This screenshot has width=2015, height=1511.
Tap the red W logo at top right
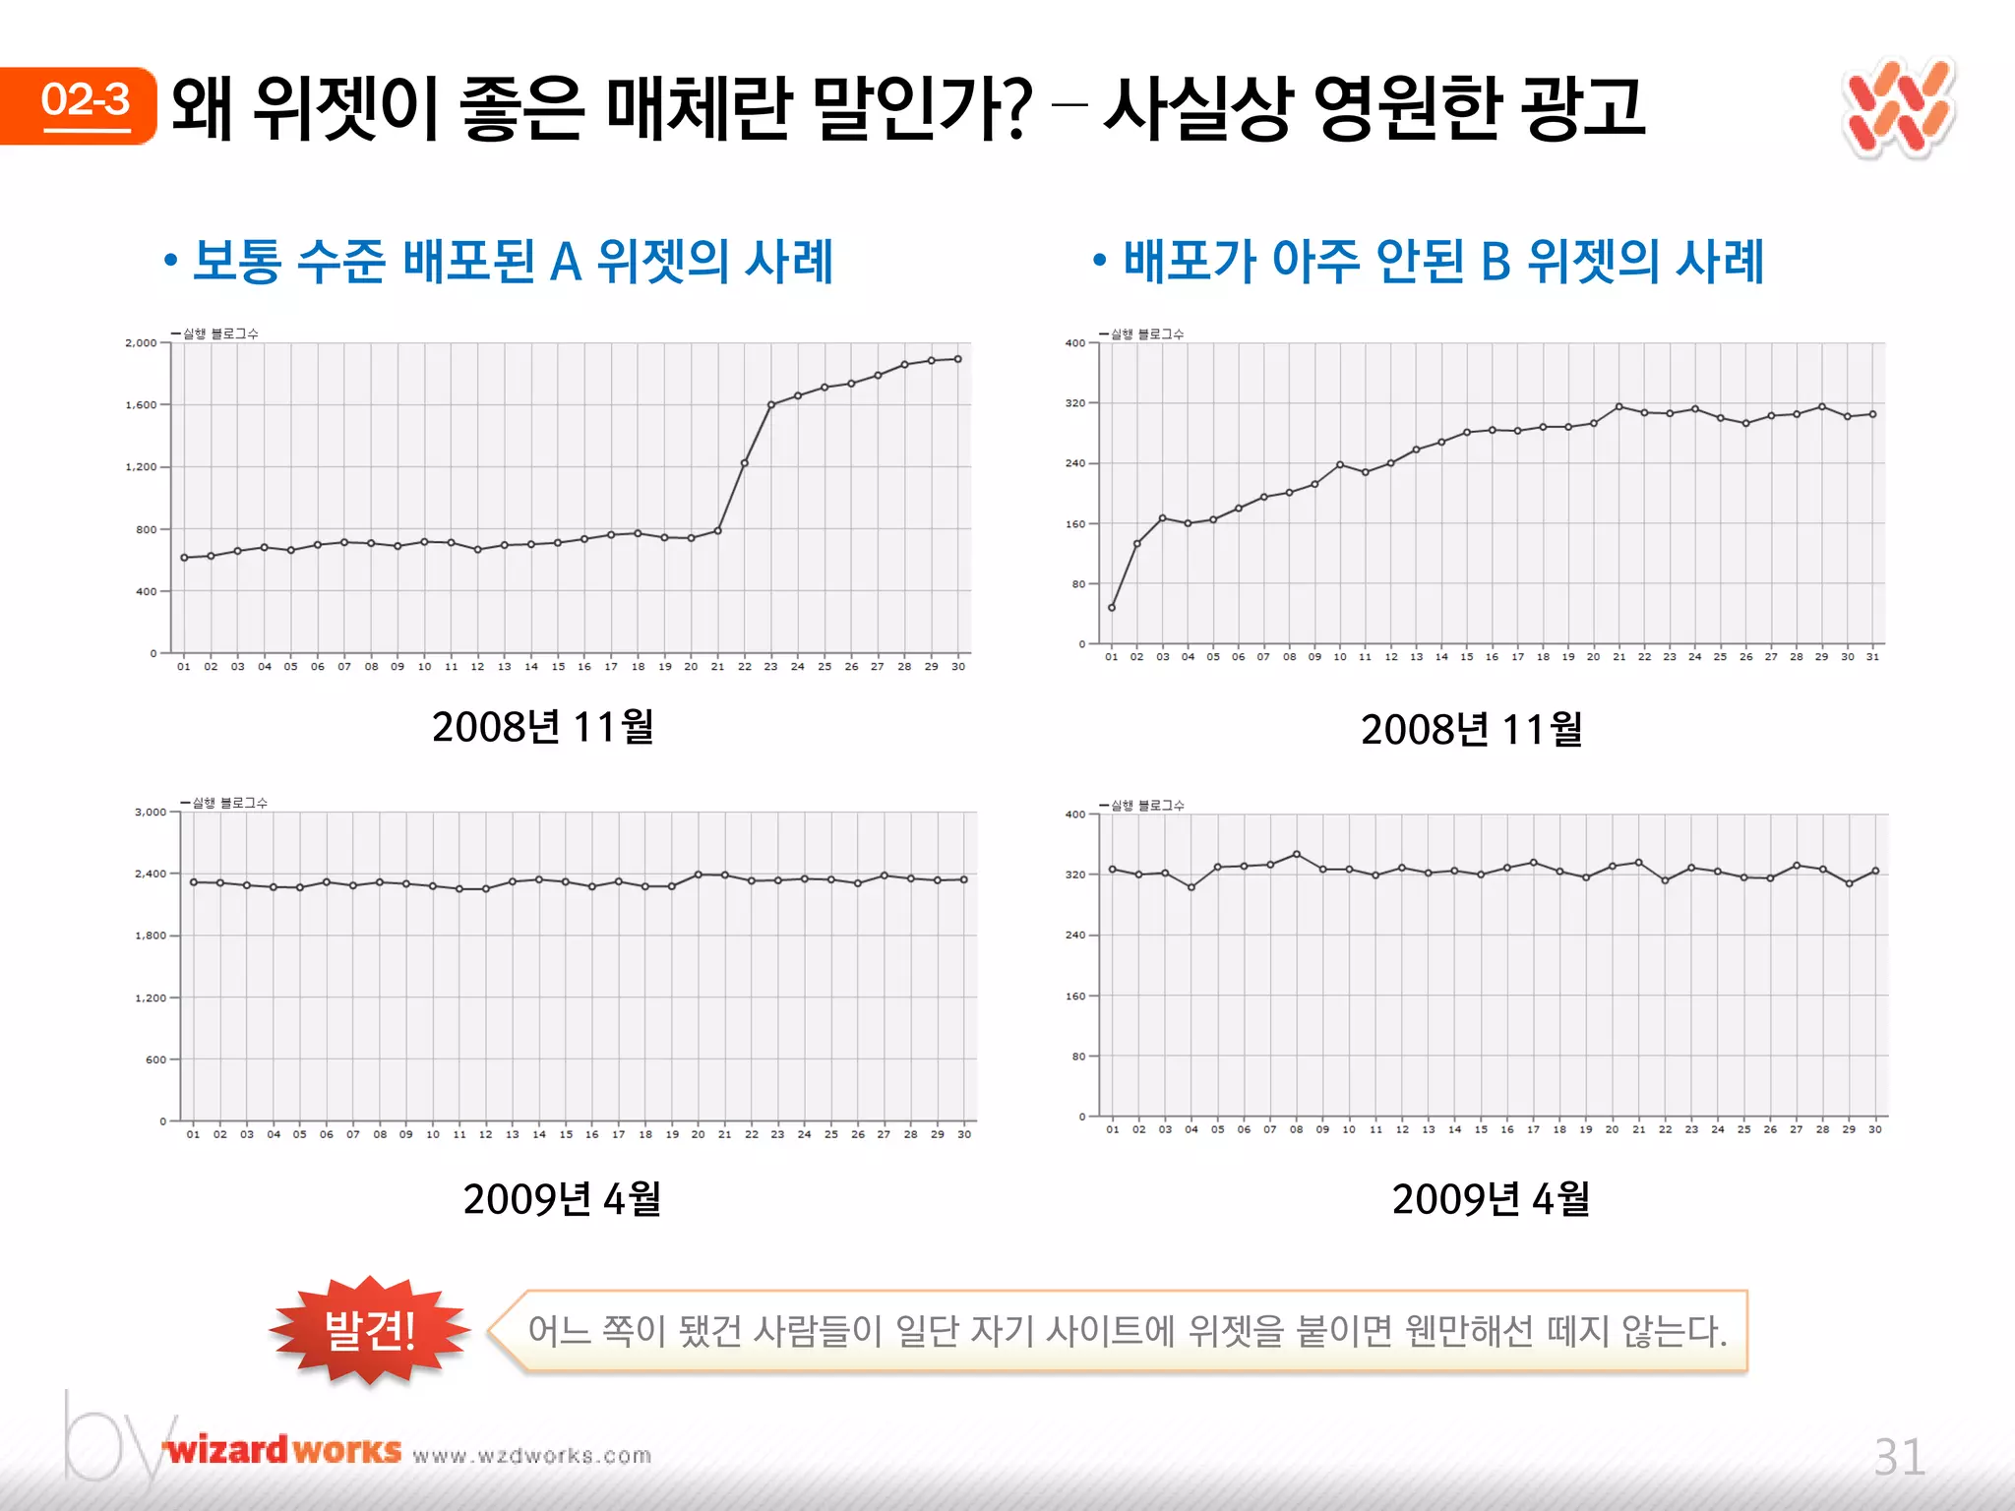1898,108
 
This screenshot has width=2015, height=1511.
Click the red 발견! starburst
370,1330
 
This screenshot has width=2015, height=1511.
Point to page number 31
1899,1457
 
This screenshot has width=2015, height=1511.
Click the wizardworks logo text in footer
283,1451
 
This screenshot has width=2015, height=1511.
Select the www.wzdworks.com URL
532,1456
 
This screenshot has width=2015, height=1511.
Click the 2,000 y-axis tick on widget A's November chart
141,343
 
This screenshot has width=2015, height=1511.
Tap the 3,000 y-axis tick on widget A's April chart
151,813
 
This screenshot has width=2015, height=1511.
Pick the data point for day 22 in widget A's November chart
745,463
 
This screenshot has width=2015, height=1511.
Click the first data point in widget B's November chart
1112,608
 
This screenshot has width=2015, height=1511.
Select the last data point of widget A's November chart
958,359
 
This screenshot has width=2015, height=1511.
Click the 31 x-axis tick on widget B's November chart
1872,657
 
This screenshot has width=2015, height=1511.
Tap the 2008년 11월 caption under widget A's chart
542,727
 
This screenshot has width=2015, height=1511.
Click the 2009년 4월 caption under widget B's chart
1491,1199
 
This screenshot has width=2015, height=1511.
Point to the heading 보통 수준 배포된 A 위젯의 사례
513,262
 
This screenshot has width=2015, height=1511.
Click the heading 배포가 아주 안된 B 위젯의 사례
1443,262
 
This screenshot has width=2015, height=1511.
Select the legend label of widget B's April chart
1147,806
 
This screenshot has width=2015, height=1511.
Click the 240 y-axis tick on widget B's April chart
1075,936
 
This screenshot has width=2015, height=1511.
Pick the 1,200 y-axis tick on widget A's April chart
151,998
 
